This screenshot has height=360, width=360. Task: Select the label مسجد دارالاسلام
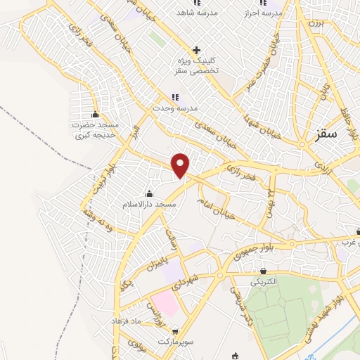click(x=148, y=204)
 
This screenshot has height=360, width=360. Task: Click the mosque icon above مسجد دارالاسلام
click(x=148, y=193)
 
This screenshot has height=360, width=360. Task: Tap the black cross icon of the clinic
click(x=197, y=50)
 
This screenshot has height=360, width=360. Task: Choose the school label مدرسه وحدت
click(x=175, y=108)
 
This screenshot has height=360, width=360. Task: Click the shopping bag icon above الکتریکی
click(x=263, y=271)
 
